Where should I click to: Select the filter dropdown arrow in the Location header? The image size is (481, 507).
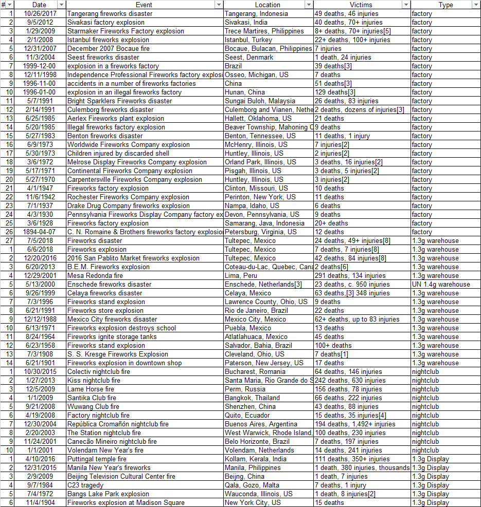[309, 5]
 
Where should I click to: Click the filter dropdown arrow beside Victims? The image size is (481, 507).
[406, 5]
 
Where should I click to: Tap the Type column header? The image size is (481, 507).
[446, 5]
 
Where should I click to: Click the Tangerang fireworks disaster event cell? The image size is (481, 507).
[106, 13]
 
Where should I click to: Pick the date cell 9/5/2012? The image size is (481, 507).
[40, 22]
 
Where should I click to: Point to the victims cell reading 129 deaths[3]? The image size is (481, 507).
[335, 92]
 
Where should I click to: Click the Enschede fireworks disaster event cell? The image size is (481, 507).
[109, 284]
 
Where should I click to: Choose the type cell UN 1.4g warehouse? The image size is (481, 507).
[441, 284]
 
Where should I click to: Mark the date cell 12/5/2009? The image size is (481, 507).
[40, 389]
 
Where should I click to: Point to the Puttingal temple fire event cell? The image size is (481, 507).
[97, 459]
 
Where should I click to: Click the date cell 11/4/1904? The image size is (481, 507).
[40, 502]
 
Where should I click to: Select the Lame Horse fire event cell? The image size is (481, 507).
[92, 389]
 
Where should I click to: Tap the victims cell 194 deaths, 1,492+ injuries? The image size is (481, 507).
[355, 424]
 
